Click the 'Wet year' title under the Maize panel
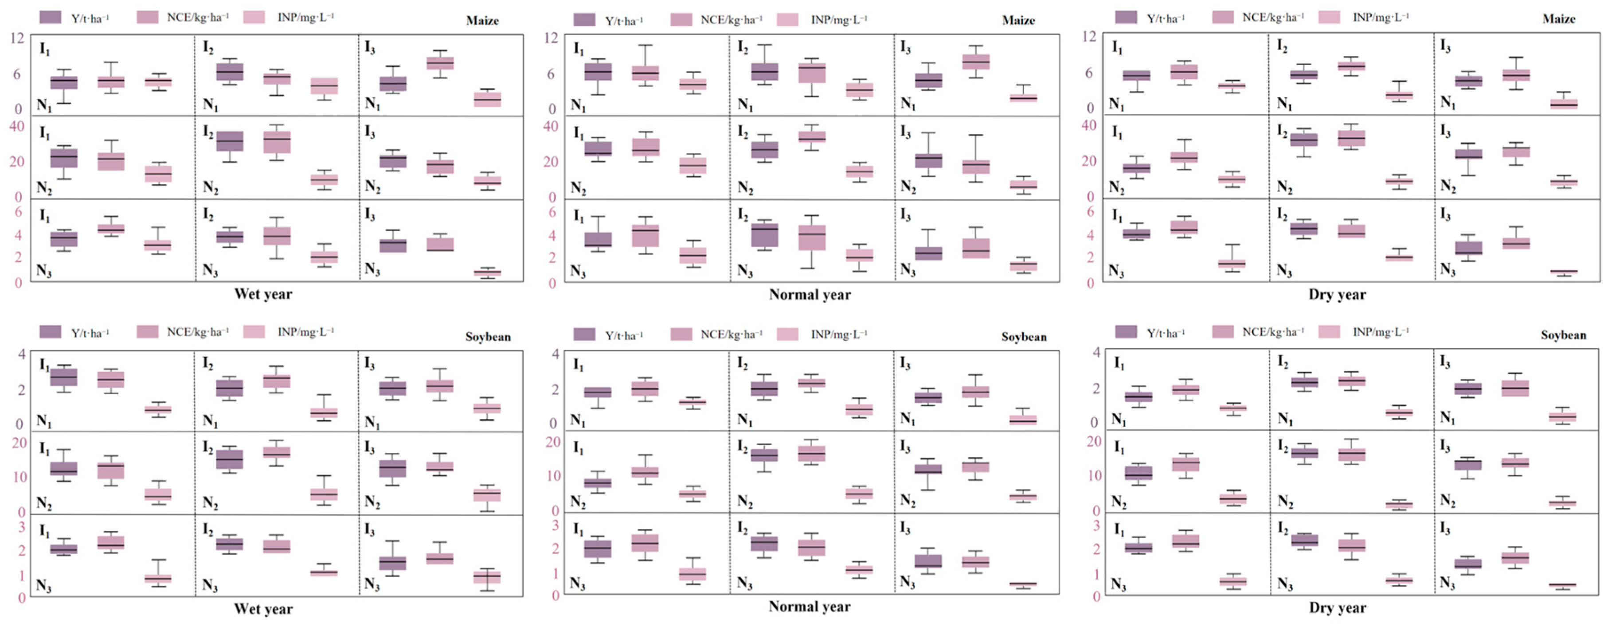click(x=263, y=294)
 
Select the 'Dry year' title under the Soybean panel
click(x=1337, y=607)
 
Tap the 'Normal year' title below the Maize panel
click(x=810, y=295)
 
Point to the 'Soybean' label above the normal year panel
click(x=1023, y=337)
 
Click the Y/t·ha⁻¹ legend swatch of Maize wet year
click(x=50, y=17)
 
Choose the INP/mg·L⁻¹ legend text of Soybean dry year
click(x=1381, y=332)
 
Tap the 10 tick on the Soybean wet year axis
click(x=20, y=477)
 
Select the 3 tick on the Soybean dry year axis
click(x=1095, y=525)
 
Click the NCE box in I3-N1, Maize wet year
click(x=440, y=63)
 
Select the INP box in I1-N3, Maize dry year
click(x=1232, y=263)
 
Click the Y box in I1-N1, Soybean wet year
click(x=64, y=377)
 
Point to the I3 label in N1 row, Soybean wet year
click(x=370, y=363)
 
